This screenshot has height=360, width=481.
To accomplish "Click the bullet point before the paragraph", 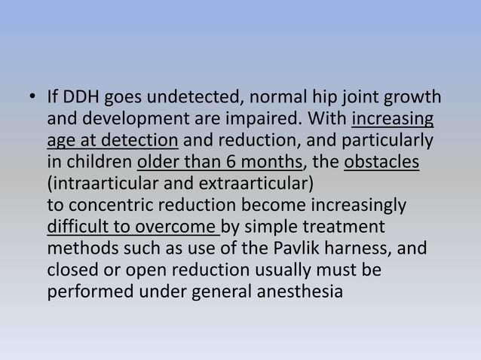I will [x=32, y=99].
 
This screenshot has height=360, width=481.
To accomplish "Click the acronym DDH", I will [x=76, y=99].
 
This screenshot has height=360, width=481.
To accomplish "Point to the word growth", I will [x=417, y=99].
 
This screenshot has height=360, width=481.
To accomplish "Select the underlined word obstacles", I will [x=381, y=163].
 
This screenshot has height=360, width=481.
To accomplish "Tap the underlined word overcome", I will [x=178, y=226].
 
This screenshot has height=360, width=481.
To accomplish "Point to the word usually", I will [x=285, y=269].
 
